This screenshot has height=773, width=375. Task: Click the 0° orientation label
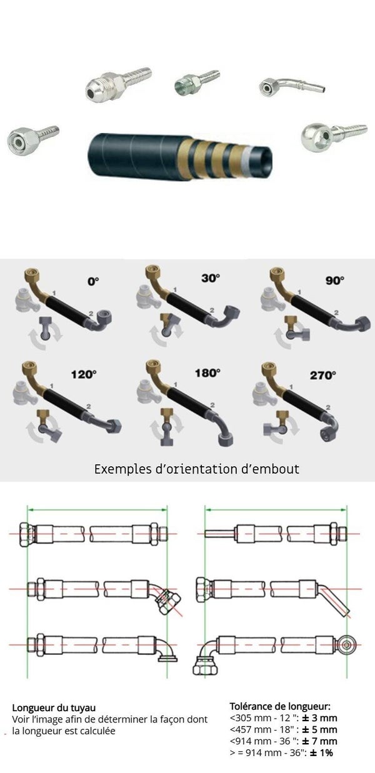point(93,281)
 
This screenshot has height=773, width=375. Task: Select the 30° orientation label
point(211,278)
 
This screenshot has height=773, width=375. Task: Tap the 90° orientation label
point(334,280)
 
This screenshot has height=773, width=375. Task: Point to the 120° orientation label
point(84,374)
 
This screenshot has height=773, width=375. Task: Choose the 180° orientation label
point(207,373)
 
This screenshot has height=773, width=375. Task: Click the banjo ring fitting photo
point(333,136)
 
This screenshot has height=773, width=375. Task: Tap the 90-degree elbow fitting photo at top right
point(291,86)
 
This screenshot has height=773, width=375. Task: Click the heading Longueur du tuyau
point(54,708)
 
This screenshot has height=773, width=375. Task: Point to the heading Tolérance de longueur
point(280,706)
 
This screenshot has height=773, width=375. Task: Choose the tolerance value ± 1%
point(321,752)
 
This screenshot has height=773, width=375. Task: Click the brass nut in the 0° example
point(32,275)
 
